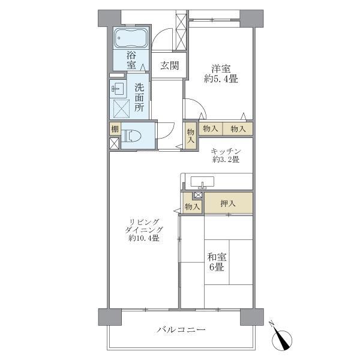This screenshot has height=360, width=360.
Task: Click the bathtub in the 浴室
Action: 130,39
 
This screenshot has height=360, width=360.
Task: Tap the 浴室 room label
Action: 131,60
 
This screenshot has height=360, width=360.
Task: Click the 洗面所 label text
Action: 139,97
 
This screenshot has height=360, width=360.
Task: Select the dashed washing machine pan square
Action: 122,109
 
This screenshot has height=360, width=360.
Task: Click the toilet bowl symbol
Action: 134,135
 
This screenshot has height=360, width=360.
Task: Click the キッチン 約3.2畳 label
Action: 226,155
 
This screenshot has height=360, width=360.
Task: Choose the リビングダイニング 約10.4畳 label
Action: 144,230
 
